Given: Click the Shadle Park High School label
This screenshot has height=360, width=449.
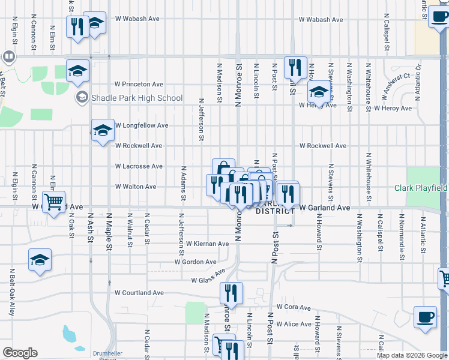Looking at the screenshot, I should [x=136, y=98].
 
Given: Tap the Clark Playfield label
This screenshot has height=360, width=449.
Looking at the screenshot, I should [x=420, y=188].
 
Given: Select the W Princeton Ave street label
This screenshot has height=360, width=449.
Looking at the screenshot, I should [x=139, y=85].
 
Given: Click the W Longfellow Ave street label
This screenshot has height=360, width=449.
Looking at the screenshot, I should [x=139, y=126].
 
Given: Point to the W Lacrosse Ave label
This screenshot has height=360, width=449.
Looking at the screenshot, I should [x=139, y=166].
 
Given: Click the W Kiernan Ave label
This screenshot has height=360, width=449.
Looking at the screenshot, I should [x=207, y=244].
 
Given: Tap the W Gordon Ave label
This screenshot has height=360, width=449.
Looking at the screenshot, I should [x=195, y=262].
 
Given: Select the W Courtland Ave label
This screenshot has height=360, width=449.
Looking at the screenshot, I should [x=139, y=293].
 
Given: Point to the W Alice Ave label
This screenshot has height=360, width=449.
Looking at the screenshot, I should [x=297, y=325].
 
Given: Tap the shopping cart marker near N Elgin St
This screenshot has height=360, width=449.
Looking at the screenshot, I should [x=54, y=201].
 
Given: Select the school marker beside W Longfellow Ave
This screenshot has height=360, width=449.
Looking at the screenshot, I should [x=103, y=130].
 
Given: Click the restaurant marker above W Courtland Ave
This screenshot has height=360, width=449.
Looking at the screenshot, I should [x=231, y=293].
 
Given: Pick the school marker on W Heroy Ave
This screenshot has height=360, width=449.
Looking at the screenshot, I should [x=319, y=92].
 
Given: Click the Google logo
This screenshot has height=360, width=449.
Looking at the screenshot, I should [x=20, y=353].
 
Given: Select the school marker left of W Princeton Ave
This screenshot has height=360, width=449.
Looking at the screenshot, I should [x=77, y=71].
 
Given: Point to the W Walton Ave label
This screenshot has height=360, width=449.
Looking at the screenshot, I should [x=136, y=187].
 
